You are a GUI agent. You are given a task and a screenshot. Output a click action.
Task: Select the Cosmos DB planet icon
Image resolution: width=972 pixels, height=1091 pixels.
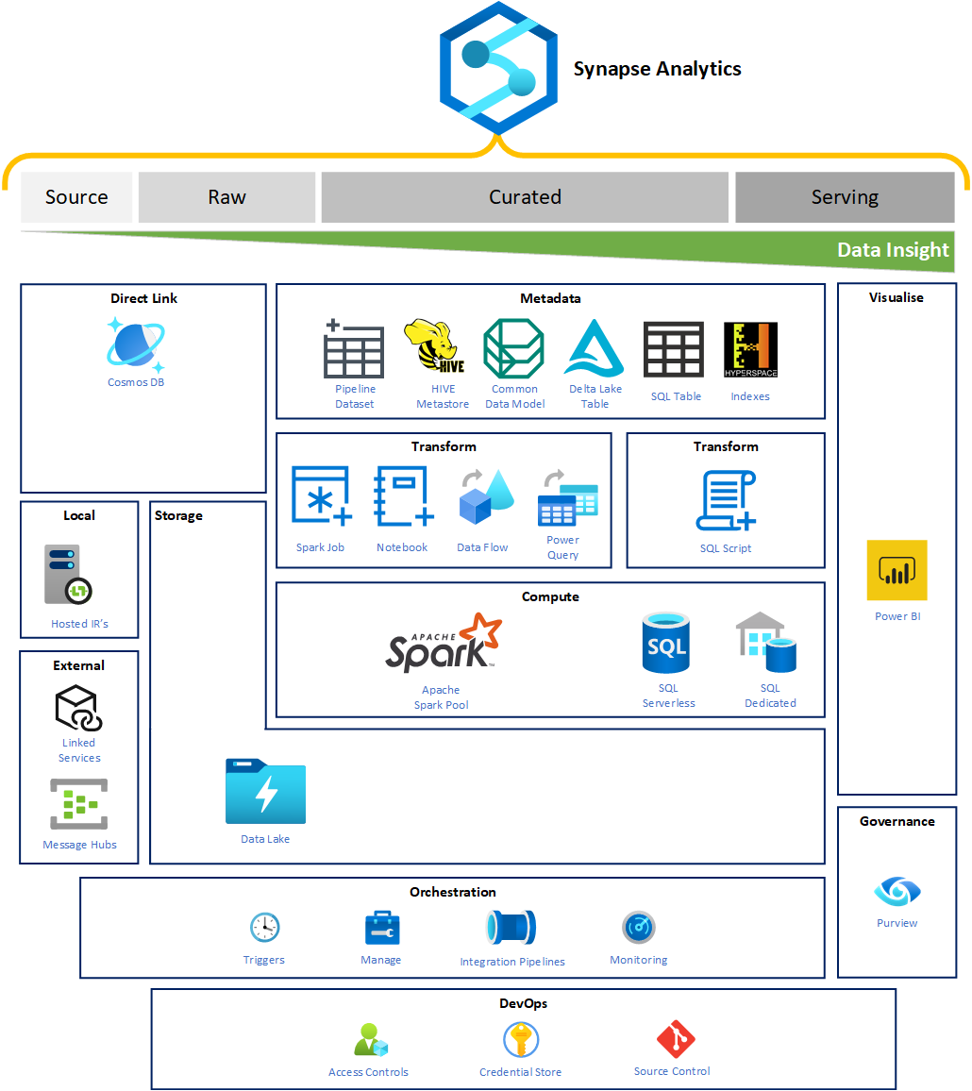[x=136, y=344]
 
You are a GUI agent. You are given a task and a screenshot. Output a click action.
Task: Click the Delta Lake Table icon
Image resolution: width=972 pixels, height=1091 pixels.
[x=595, y=349]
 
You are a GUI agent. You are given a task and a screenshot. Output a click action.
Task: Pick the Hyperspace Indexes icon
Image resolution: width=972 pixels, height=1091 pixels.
[x=750, y=350]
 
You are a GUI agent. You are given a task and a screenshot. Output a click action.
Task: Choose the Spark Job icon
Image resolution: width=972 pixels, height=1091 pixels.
[x=321, y=495]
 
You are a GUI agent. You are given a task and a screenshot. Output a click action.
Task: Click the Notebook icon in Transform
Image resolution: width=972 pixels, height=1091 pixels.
[x=403, y=495]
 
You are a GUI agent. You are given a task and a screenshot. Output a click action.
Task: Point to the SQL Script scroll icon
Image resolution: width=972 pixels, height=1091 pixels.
[x=726, y=501]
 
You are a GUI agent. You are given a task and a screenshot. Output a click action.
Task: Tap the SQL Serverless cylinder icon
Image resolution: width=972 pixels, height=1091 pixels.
[x=665, y=645]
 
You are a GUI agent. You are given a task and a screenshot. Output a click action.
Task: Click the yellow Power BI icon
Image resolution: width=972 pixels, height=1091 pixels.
[x=897, y=570]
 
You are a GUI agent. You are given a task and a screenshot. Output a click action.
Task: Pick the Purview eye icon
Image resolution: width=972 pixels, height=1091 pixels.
[x=897, y=891]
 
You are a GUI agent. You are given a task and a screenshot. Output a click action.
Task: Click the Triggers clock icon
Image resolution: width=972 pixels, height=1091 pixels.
[x=264, y=928]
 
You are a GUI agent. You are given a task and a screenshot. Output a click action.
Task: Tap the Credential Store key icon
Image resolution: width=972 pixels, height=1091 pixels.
[x=520, y=1040]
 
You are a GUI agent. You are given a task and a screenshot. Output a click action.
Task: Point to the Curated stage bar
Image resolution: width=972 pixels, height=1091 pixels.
[x=525, y=197]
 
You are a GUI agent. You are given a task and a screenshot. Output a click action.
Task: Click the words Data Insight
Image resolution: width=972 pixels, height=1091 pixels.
[x=893, y=250]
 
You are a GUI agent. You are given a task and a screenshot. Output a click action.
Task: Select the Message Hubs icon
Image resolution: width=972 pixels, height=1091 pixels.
[x=79, y=804]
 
